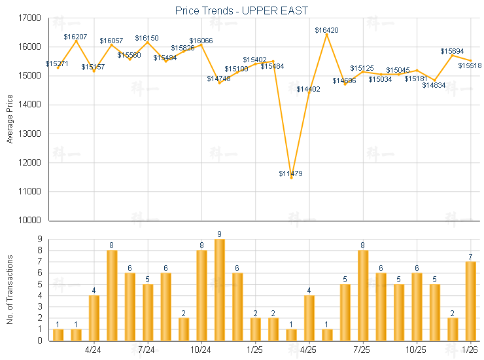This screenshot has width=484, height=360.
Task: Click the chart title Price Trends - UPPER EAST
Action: [x=241, y=10]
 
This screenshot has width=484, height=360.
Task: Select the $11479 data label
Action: [x=291, y=173]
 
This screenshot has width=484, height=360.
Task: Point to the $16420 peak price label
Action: [x=326, y=30]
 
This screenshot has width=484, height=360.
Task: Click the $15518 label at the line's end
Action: [x=470, y=65]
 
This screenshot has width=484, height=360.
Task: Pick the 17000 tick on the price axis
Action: [x=29, y=18]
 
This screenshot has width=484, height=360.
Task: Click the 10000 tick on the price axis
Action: [x=29, y=221]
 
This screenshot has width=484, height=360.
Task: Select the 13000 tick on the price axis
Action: [x=29, y=134]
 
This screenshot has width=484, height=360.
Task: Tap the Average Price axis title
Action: [x=9, y=119]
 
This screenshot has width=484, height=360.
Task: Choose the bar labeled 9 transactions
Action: [x=220, y=289]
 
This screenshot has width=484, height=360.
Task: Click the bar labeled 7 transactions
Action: [x=470, y=301]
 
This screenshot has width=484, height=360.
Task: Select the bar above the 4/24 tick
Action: [x=94, y=317]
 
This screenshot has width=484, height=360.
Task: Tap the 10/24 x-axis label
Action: [x=201, y=348]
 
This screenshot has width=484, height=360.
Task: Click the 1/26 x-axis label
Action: [x=470, y=348]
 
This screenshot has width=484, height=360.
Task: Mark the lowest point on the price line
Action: [x=291, y=178]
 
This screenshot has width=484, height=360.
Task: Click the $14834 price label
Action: [x=434, y=85]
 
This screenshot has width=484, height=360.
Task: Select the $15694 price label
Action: [x=452, y=51]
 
